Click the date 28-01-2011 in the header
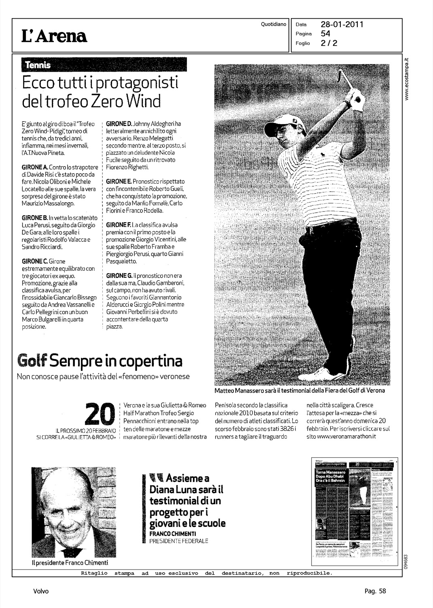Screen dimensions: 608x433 342,25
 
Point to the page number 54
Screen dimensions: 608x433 325,34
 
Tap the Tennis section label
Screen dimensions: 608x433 38,65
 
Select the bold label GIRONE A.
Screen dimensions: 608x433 34,167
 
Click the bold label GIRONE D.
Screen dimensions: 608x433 119,124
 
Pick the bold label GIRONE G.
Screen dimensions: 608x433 119,276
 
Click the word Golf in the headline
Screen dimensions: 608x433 33,360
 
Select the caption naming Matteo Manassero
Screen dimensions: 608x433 299,391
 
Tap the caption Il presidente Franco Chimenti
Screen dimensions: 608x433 70,563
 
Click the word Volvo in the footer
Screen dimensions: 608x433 41,591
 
